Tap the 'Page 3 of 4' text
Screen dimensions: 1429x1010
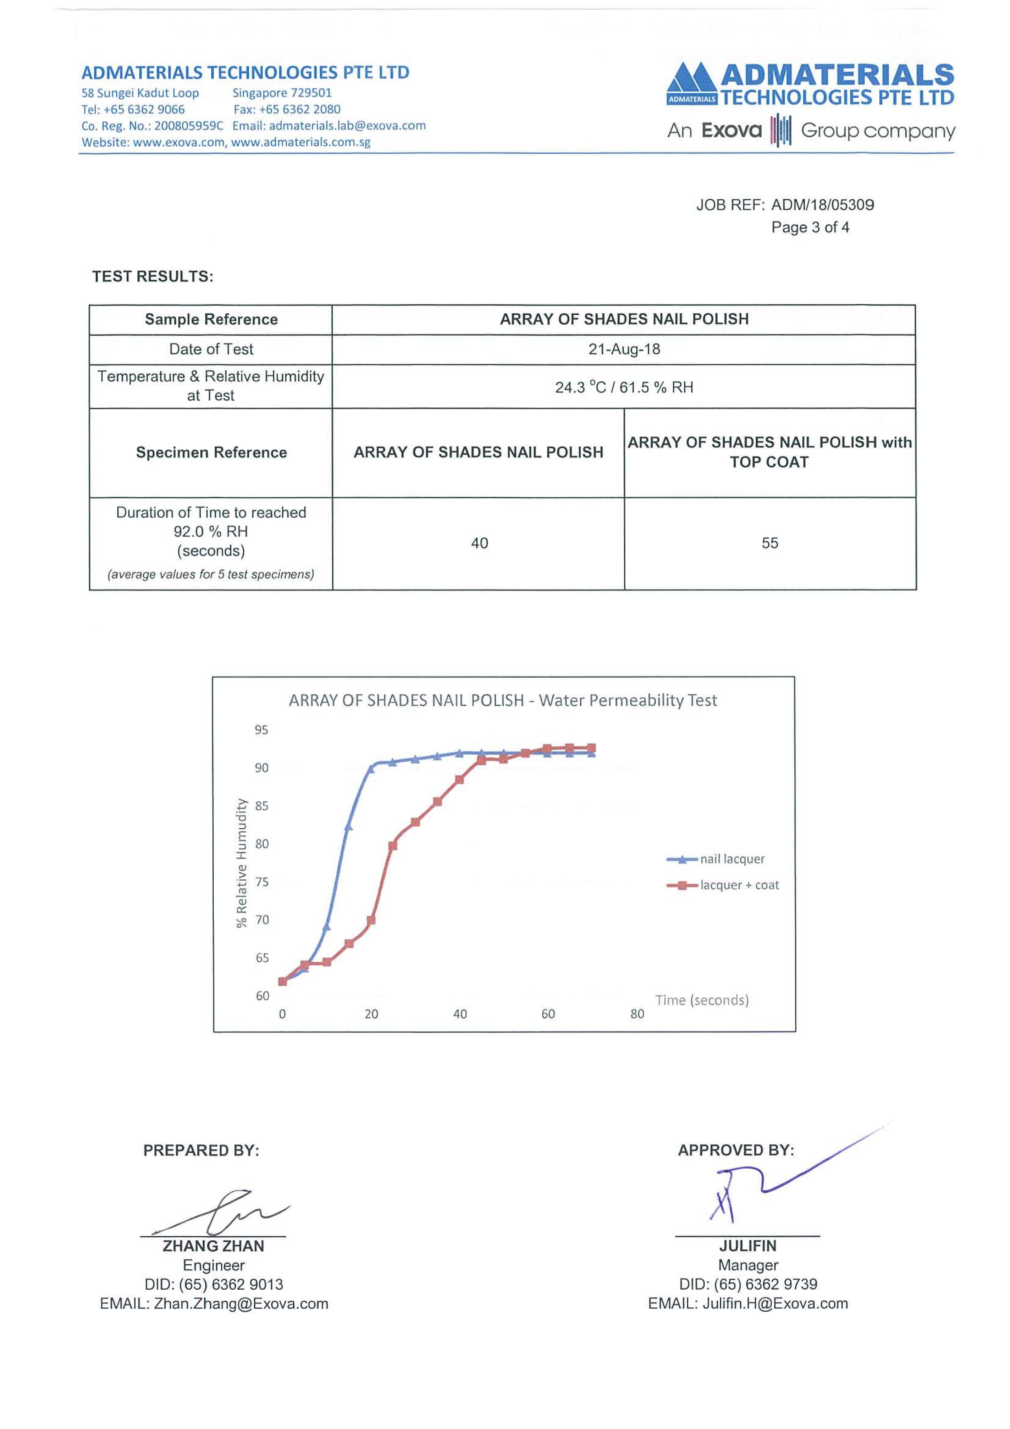pyautogui.click(x=810, y=227)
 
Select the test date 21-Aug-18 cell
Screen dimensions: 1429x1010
pyautogui.click(x=624, y=349)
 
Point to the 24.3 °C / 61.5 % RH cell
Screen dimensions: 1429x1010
pyautogui.click(x=624, y=387)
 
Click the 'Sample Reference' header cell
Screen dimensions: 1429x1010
pyautogui.click(x=211, y=319)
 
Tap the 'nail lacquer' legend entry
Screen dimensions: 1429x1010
pyautogui.click(x=732, y=859)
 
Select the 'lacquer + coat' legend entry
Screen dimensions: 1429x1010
pyautogui.click(x=739, y=885)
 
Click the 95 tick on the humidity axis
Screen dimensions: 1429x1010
pyautogui.click(x=261, y=730)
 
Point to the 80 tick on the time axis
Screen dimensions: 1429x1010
pyautogui.click(x=637, y=1014)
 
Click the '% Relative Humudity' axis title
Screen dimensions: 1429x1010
pyautogui.click(x=241, y=863)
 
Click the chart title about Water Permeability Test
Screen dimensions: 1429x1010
pyautogui.click(x=502, y=700)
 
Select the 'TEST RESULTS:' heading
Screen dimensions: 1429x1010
pyautogui.click(x=153, y=276)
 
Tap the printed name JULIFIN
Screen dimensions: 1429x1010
pyautogui.click(x=747, y=1246)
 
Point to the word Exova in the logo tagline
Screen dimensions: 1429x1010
pyautogui.click(x=731, y=131)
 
